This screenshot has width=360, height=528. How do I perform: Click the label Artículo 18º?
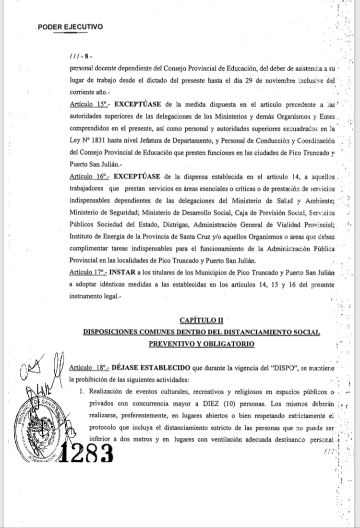click(89, 368)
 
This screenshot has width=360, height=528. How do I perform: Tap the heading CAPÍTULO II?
click(202, 320)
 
